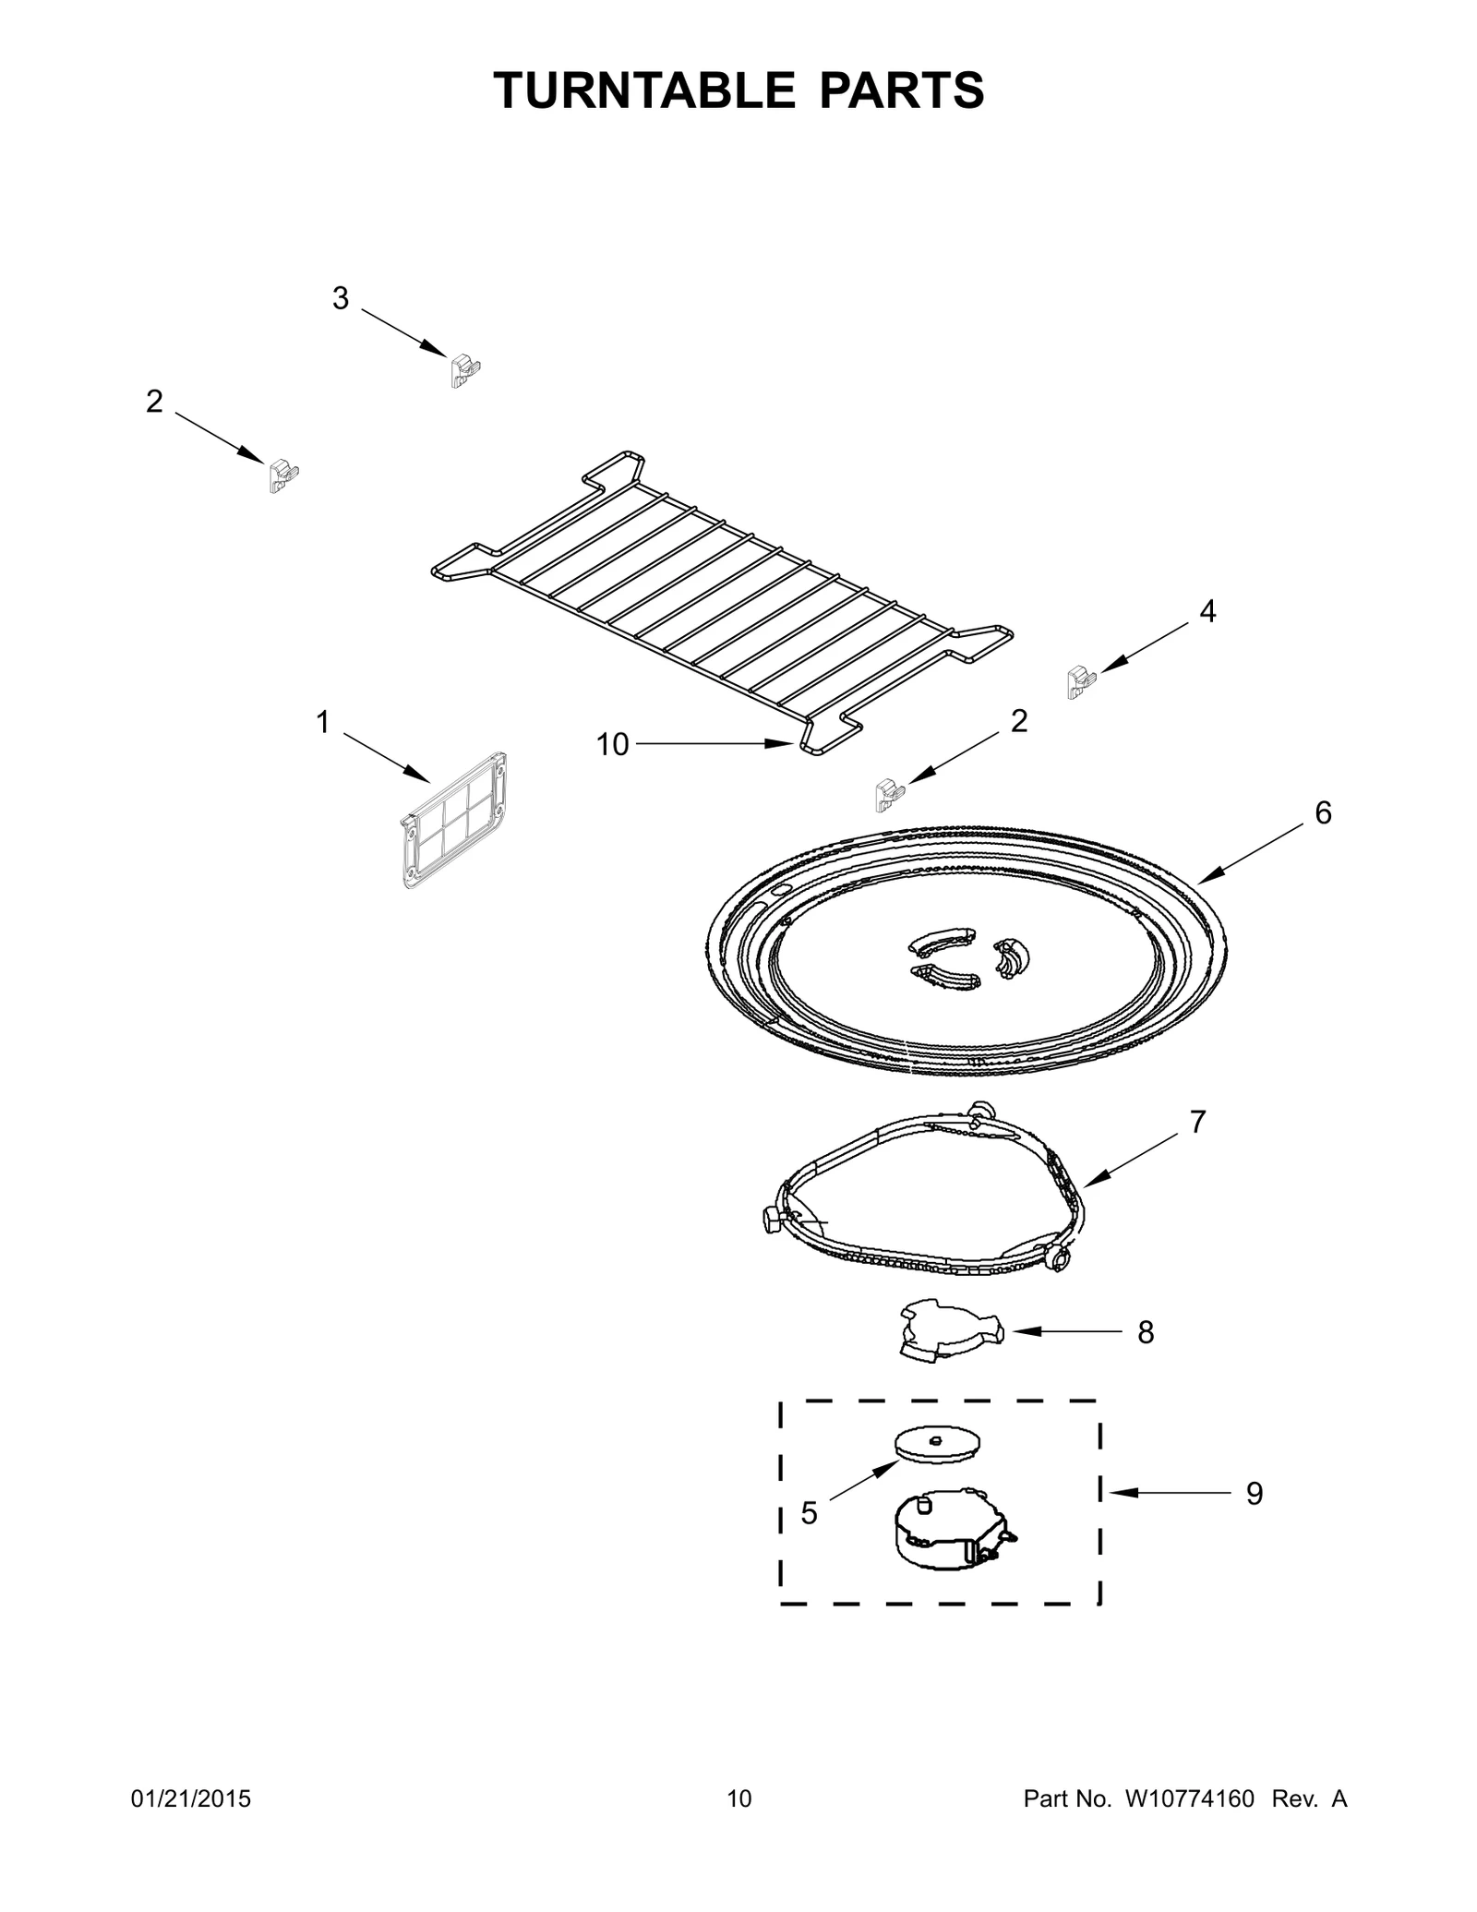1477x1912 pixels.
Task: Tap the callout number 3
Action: click(x=341, y=298)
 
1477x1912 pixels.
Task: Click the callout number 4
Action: click(x=1207, y=611)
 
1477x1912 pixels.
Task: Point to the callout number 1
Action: click(x=323, y=722)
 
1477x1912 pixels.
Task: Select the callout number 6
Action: click(x=1323, y=812)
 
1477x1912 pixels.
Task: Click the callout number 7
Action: click(x=1197, y=1122)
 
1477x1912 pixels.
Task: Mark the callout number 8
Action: click(x=1146, y=1332)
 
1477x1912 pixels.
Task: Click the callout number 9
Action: click(x=1255, y=1493)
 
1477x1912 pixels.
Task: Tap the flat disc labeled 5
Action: click(x=937, y=1444)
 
